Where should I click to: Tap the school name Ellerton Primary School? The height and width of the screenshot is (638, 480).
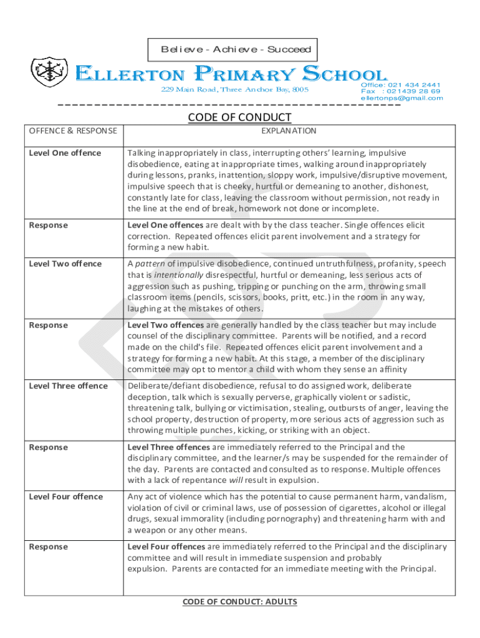(231, 75)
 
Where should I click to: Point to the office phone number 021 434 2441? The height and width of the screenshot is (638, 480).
(414, 85)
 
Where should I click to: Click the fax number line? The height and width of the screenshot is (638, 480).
(400, 91)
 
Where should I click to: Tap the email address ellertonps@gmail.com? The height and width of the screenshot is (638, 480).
(401, 98)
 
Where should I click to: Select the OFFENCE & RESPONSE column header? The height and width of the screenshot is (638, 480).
(72, 131)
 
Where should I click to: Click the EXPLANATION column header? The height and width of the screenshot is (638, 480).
(289, 131)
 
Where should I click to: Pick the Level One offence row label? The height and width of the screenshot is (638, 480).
(65, 153)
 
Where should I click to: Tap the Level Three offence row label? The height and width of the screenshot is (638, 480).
(69, 386)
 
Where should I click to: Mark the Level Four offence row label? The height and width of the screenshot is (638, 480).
(66, 497)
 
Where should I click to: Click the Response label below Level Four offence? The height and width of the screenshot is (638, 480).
(49, 546)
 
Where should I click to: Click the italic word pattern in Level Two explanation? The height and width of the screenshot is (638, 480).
(150, 264)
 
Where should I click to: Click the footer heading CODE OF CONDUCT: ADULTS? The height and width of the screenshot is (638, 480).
(239, 602)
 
